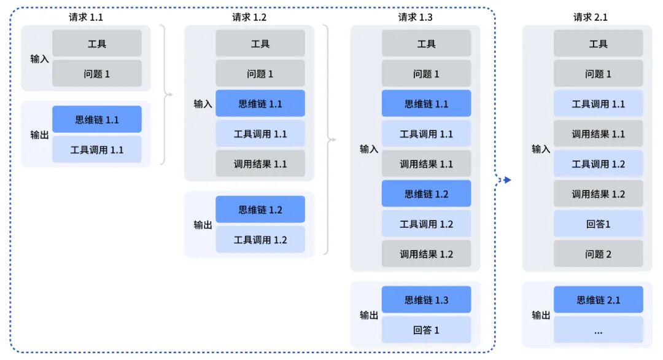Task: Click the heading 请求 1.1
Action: tap(85, 17)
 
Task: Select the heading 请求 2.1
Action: tap(590, 17)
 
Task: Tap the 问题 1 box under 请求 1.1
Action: tap(97, 74)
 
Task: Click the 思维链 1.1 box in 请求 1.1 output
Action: tap(97, 120)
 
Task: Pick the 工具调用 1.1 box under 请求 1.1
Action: tap(97, 150)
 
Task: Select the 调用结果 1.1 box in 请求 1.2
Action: tap(260, 164)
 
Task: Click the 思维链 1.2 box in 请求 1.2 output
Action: tap(260, 209)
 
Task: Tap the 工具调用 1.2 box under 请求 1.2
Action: tap(260, 240)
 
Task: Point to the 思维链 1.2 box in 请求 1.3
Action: tap(426, 194)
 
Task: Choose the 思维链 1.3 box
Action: tap(426, 300)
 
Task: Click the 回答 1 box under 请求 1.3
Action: tap(426, 330)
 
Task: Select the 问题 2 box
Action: tap(598, 254)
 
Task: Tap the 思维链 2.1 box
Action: tap(598, 300)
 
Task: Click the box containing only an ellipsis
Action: tap(598, 330)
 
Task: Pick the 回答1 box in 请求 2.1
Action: tap(598, 224)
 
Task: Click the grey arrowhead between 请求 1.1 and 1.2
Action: tap(170, 95)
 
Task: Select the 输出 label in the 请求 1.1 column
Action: tap(39, 135)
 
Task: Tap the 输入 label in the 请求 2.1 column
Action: tap(541, 149)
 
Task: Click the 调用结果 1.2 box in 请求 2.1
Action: tap(598, 194)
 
